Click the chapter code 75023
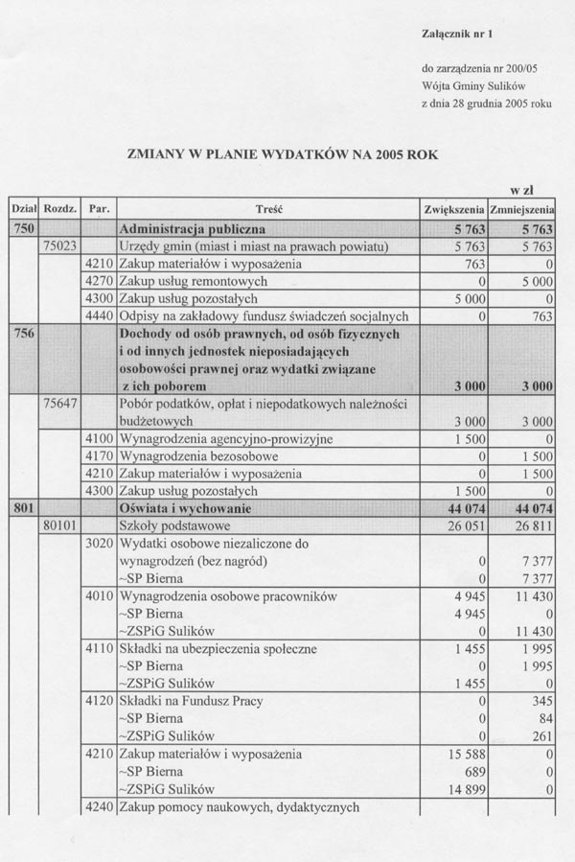click(60, 247)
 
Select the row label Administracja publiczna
click(193, 230)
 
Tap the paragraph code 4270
click(100, 282)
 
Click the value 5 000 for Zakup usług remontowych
click(536, 282)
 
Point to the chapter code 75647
click(60, 404)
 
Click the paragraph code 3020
click(100, 544)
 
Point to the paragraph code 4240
click(100, 806)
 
